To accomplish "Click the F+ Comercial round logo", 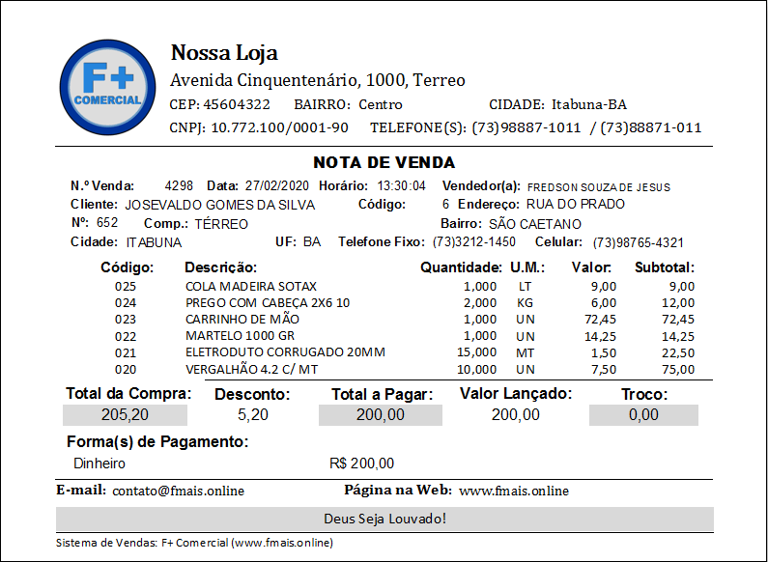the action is coord(108,87).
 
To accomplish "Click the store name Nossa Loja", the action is coord(223,52).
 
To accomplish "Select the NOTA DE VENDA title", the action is coord(384,162).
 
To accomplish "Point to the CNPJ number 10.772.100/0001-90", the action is coord(279,127).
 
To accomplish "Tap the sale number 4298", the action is coord(179,185).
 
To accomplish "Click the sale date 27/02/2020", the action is coord(278,185).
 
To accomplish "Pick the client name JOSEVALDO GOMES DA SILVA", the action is coord(220,205).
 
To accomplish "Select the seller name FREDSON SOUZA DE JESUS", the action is coord(599,186).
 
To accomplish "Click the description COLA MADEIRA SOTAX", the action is coord(251,287).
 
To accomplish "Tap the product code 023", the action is coord(126,320).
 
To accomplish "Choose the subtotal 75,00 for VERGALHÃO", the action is coord(677,369).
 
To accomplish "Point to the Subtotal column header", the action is coord(665,267).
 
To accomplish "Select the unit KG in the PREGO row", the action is coord(525,303).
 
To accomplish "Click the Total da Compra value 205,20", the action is coord(126,415).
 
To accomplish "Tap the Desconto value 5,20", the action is coord(252,415).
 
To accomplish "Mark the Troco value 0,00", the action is coord(643,415).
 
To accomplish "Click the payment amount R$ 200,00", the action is coord(361,464).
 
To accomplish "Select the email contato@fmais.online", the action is coord(178,491).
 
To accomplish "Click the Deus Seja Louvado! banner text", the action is coord(384,519).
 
